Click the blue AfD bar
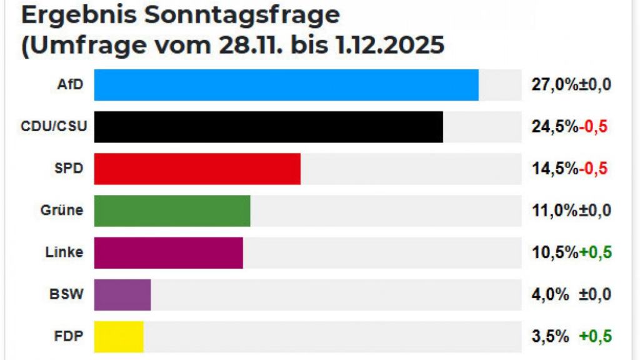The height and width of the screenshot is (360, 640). tap(286, 85)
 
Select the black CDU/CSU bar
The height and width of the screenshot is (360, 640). tap(269, 127)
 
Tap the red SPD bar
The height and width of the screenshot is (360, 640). tap(197, 169)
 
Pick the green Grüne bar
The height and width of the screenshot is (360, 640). tap(172, 211)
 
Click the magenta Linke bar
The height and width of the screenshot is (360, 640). tap(169, 252)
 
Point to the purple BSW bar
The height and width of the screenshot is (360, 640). tap(122, 294)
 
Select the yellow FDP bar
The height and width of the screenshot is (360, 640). tap(119, 336)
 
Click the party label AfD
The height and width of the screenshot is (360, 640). tap(70, 84)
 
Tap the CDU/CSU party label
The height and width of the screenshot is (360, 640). tap(54, 127)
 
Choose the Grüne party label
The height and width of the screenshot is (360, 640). tap(62, 211)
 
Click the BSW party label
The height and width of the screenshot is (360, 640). tap(66, 294)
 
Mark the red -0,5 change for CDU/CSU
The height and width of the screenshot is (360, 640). tap(593, 127)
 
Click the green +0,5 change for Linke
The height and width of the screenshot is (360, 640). tap(594, 252)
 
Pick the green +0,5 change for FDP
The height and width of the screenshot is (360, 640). tap(594, 336)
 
